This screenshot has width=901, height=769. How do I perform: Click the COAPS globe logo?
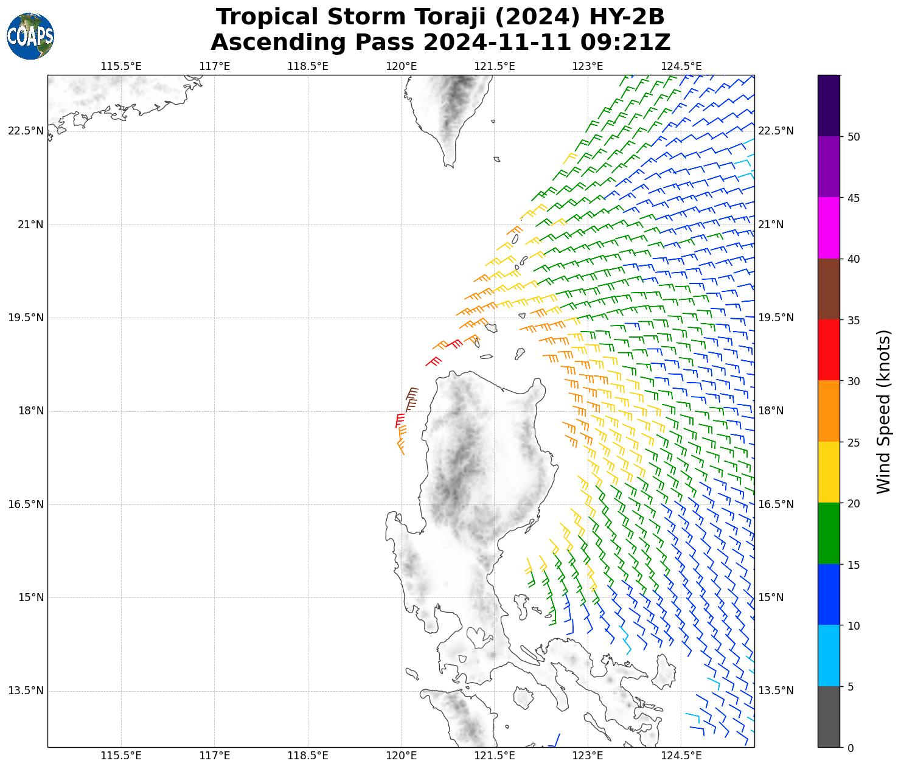tap(30, 36)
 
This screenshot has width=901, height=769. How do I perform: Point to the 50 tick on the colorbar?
tap(854, 136)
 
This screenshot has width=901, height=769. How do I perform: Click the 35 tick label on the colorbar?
tap(854, 320)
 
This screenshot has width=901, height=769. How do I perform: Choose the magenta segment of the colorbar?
tap(829, 228)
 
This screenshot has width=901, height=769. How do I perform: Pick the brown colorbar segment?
tap(829, 289)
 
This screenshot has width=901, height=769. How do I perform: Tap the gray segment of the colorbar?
tap(829, 717)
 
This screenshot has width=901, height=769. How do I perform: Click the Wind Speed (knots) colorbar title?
tap(883, 411)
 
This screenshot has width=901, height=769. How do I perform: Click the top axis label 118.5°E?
tap(308, 66)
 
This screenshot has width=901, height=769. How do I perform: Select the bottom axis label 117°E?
tap(215, 756)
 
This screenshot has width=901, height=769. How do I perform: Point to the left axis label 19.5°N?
tap(26, 318)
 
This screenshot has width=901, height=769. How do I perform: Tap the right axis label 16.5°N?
tap(776, 504)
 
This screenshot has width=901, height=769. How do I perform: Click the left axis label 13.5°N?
tap(26, 691)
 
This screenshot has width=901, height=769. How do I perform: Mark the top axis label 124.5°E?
tap(681, 66)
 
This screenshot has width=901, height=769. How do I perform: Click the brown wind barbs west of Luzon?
tap(411, 398)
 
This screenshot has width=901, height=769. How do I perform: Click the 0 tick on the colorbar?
tap(851, 748)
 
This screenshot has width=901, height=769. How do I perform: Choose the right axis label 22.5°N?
tap(776, 131)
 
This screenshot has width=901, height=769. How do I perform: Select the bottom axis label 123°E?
tap(588, 756)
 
